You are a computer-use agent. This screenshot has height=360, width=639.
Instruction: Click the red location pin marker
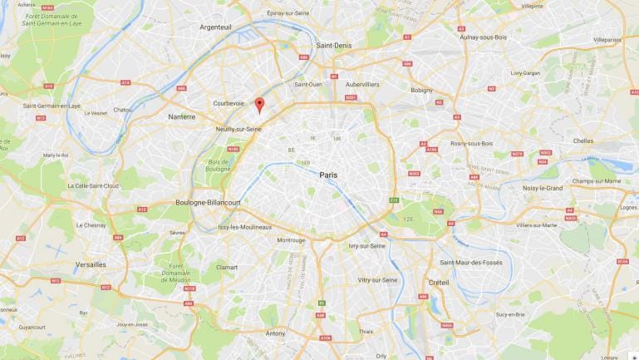point(258,105)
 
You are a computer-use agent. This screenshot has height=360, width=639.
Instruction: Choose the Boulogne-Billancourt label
point(208,202)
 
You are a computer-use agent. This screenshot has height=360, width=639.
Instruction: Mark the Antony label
point(274,333)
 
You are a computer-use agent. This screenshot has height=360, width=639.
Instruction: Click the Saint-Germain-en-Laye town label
point(51,106)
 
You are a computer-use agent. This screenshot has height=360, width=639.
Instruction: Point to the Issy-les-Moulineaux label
point(244,227)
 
